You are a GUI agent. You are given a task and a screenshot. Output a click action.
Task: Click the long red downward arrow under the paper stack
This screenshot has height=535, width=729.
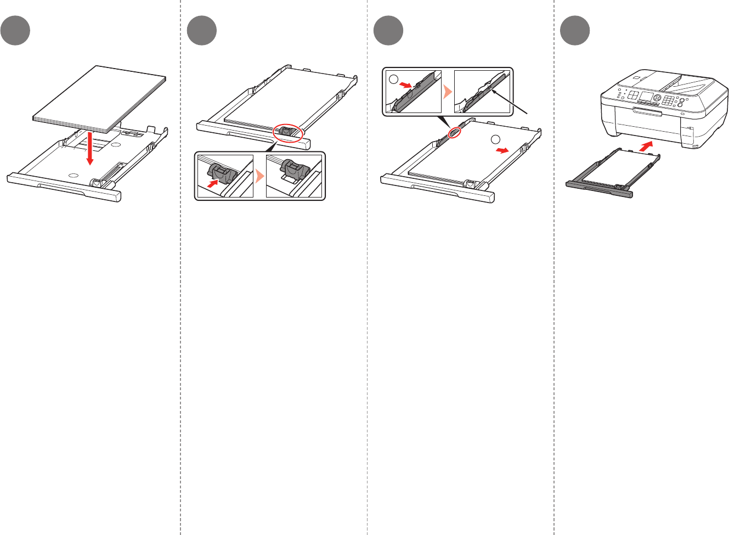(x=91, y=148)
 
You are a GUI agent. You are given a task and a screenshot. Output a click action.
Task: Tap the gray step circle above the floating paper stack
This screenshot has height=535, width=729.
(x=15, y=31)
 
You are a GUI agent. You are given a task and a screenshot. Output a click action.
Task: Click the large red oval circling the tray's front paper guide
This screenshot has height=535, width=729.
(x=288, y=133)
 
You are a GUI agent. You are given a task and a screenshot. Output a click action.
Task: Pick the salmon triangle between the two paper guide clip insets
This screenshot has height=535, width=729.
(x=259, y=176)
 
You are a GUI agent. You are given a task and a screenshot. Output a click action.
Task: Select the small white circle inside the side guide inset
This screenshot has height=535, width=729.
(x=393, y=79)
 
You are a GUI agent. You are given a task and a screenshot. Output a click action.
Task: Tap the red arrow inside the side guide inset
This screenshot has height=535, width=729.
(x=406, y=85)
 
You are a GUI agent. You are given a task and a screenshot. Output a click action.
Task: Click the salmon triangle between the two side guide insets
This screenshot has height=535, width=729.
(x=448, y=92)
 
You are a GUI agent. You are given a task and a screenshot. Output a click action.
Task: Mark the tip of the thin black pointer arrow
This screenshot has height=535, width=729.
(x=493, y=92)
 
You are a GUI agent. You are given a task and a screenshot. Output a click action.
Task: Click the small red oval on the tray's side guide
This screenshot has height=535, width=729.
(x=455, y=132)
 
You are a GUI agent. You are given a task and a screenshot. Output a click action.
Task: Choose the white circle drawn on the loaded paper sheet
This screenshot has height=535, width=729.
(x=495, y=139)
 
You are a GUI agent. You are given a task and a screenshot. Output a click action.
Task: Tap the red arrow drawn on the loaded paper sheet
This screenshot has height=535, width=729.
(x=501, y=150)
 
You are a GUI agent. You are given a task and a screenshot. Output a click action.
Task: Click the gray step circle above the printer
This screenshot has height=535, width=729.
(x=575, y=31)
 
